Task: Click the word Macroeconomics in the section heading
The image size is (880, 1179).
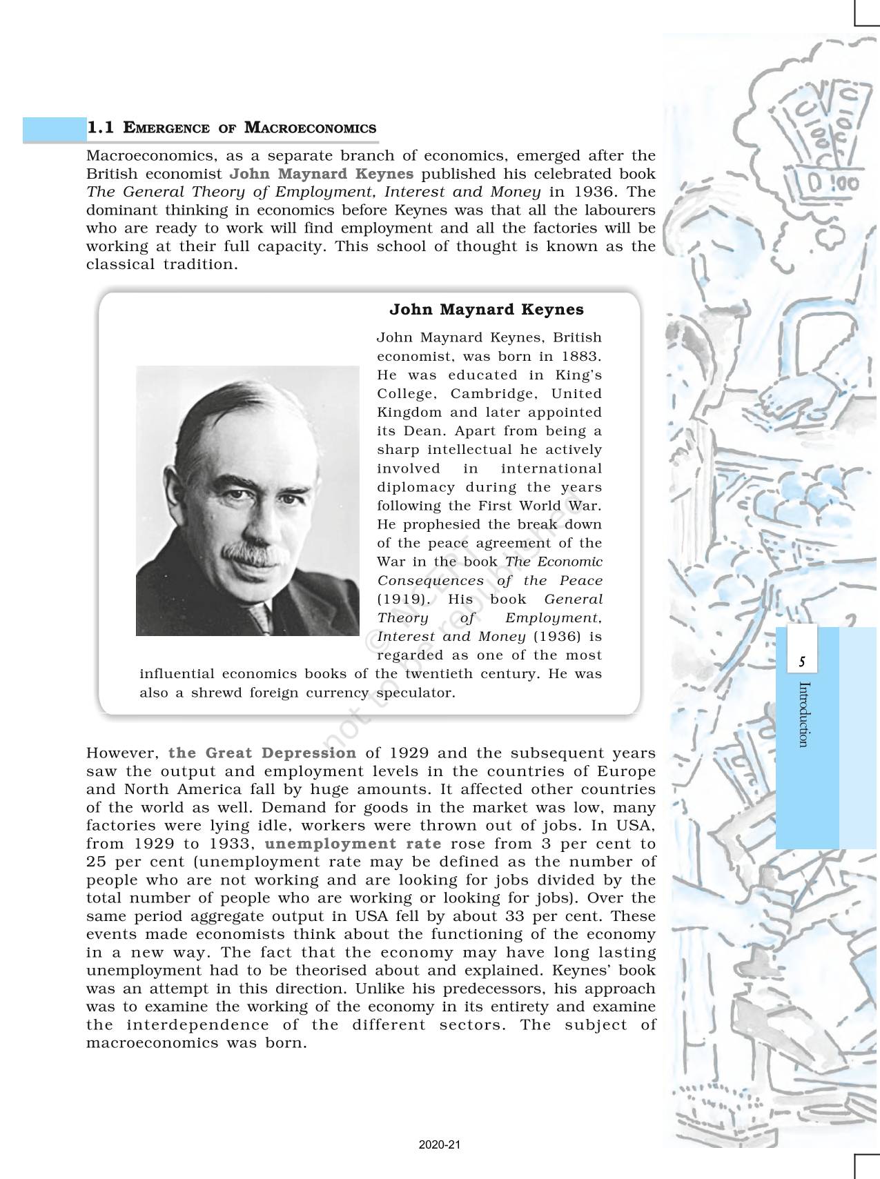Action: click(x=311, y=128)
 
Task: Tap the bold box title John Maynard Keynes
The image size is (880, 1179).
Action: click(x=487, y=309)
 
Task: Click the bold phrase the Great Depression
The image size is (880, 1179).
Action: click(x=262, y=753)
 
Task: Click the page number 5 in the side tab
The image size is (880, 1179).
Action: click(x=801, y=662)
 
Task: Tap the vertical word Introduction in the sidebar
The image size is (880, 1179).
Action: click(x=803, y=714)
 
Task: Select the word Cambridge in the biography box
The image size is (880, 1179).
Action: click(x=489, y=394)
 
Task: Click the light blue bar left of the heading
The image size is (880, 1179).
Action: click(x=52, y=129)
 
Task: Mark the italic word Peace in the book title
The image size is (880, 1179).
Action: click(x=580, y=581)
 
